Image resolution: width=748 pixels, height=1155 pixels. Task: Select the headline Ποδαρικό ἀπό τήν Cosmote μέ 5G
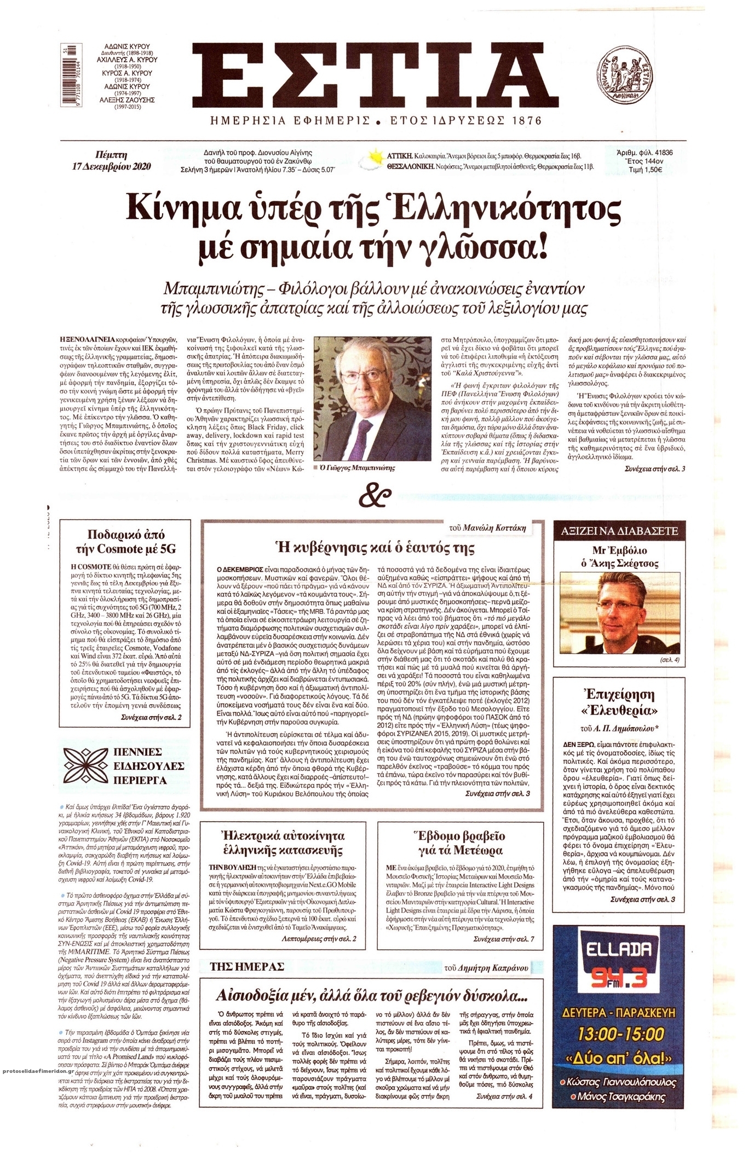[x=126, y=542]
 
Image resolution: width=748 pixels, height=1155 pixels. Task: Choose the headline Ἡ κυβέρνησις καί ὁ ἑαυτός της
[x=373, y=547]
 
